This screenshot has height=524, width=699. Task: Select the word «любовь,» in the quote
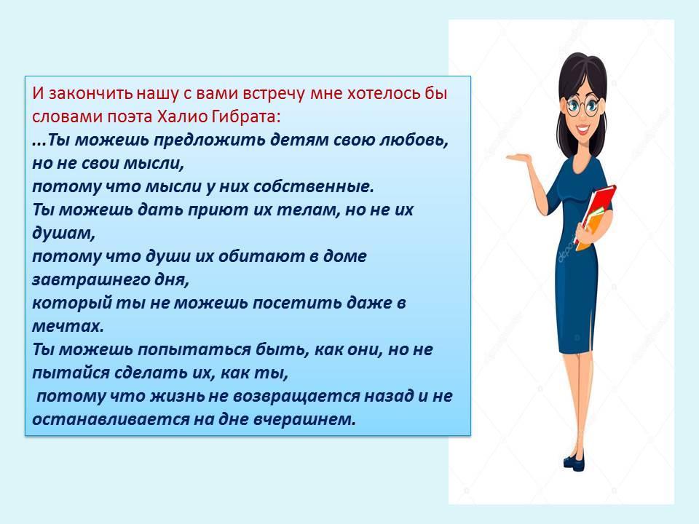click(414, 140)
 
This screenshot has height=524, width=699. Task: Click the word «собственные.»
click(313, 186)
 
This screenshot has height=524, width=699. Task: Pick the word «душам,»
click(64, 234)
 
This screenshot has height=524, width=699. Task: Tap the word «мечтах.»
click(68, 326)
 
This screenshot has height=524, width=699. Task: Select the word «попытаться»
click(194, 350)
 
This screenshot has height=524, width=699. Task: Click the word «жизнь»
click(178, 396)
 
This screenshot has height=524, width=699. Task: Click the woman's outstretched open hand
click(518, 157)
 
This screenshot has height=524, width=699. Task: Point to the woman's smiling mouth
click(582, 129)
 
